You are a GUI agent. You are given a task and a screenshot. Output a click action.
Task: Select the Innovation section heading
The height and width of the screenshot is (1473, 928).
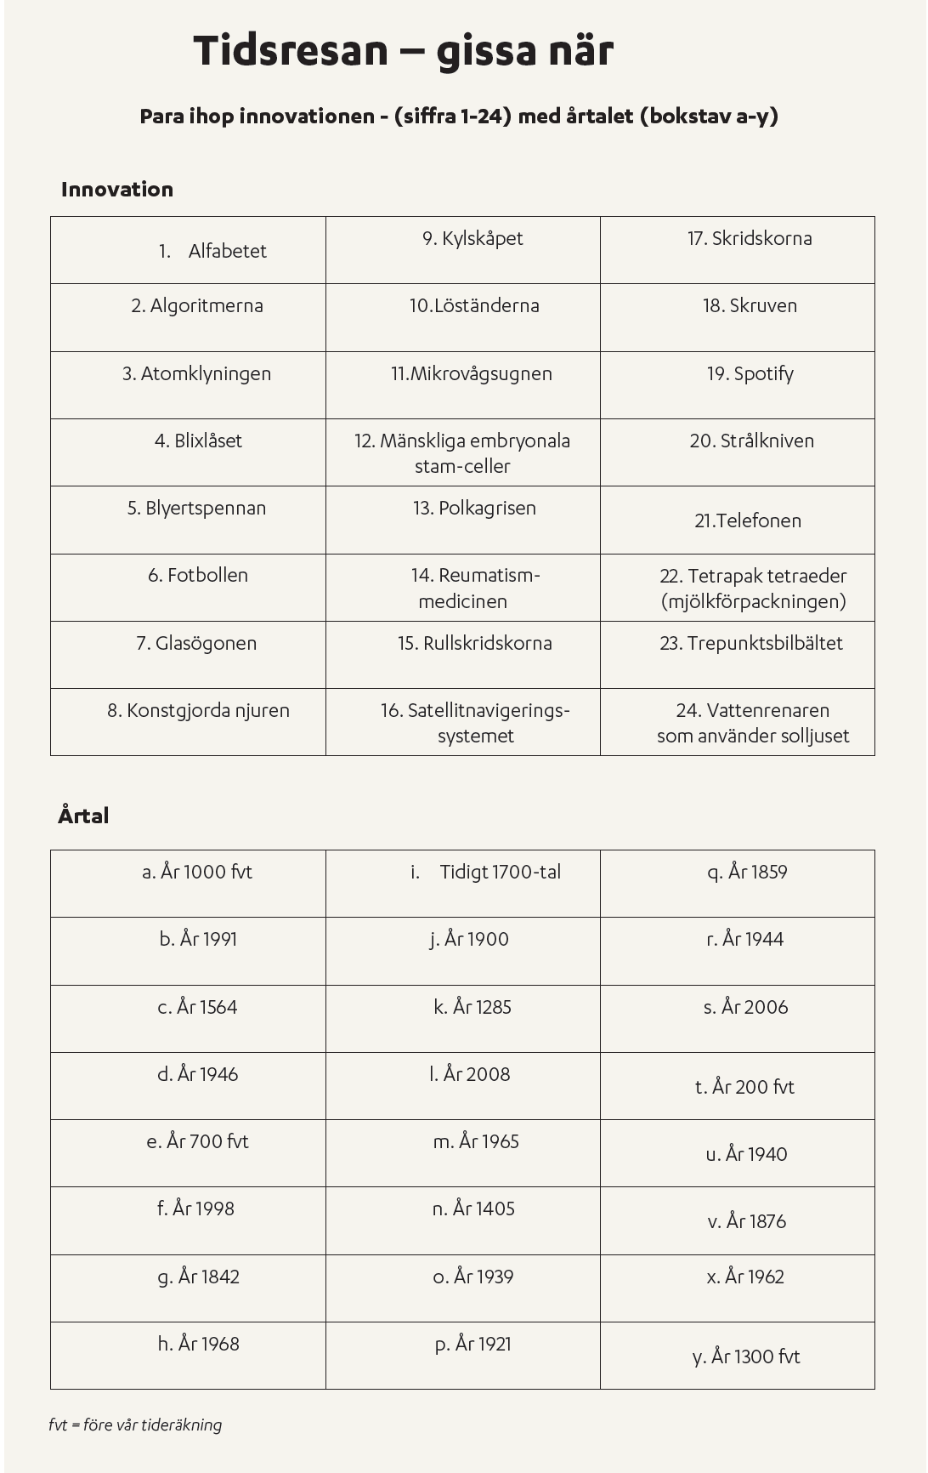point(117,190)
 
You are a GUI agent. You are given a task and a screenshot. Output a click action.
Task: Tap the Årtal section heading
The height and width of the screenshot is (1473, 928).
point(83,816)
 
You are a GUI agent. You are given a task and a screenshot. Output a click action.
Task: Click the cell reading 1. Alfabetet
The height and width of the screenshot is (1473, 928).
point(212,251)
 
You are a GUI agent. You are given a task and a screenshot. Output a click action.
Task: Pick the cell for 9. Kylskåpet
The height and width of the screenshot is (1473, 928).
point(472,239)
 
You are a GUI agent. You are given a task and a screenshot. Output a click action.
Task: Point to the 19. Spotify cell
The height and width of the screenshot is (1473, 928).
point(750,373)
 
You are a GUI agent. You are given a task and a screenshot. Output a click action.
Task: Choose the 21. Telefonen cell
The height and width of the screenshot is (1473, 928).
point(748,520)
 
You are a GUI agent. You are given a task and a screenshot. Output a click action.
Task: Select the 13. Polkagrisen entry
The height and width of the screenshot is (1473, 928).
point(474,509)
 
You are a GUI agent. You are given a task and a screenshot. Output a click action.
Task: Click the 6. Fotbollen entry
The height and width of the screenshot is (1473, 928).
point(198,576)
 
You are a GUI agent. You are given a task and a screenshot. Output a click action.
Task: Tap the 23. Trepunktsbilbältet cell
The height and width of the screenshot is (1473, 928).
point(751,643)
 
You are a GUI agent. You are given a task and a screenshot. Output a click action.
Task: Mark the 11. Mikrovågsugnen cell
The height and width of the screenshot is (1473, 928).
point(472,373)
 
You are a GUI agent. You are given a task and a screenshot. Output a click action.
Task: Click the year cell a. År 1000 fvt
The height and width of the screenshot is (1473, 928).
point(197,872)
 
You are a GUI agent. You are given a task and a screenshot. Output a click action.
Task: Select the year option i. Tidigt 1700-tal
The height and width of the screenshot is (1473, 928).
point(486,872)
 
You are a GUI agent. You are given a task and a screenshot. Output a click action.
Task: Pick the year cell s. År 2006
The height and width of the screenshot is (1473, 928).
point(746,1007)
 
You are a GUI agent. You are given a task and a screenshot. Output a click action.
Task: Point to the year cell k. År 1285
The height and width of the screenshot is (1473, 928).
point(472,1007)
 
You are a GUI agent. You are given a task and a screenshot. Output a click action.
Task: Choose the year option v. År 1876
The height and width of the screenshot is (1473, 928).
point(747,1221)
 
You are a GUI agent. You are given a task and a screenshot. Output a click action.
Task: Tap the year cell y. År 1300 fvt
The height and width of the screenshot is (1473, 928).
point(746,1356)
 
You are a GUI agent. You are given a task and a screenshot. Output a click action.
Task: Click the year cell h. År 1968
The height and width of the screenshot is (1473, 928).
point(199,1344)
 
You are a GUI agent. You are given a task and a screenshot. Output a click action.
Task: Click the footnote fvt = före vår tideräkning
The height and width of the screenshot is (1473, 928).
point(135,1425)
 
